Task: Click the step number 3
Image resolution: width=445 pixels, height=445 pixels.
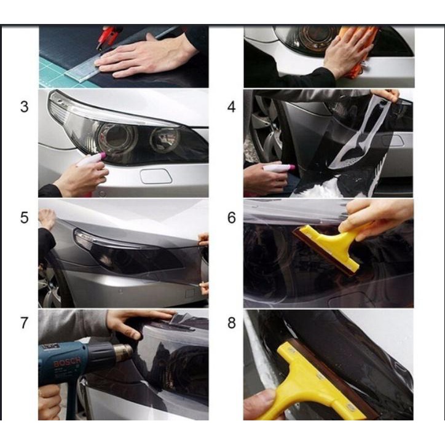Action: tap(24, 107)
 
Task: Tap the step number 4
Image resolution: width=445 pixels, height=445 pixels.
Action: tap(231, 107)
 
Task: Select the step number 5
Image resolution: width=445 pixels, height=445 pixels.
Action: tap(24, 218)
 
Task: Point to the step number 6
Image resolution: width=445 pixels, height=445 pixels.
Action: tap(231, 218)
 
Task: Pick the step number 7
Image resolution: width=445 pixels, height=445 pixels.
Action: tap(24, 323)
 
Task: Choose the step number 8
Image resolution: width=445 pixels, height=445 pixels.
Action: tap(231, 323)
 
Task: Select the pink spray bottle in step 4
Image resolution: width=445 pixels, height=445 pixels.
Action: tap(280, 167)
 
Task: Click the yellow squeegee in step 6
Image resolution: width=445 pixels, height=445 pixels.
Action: tap(329, 243)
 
